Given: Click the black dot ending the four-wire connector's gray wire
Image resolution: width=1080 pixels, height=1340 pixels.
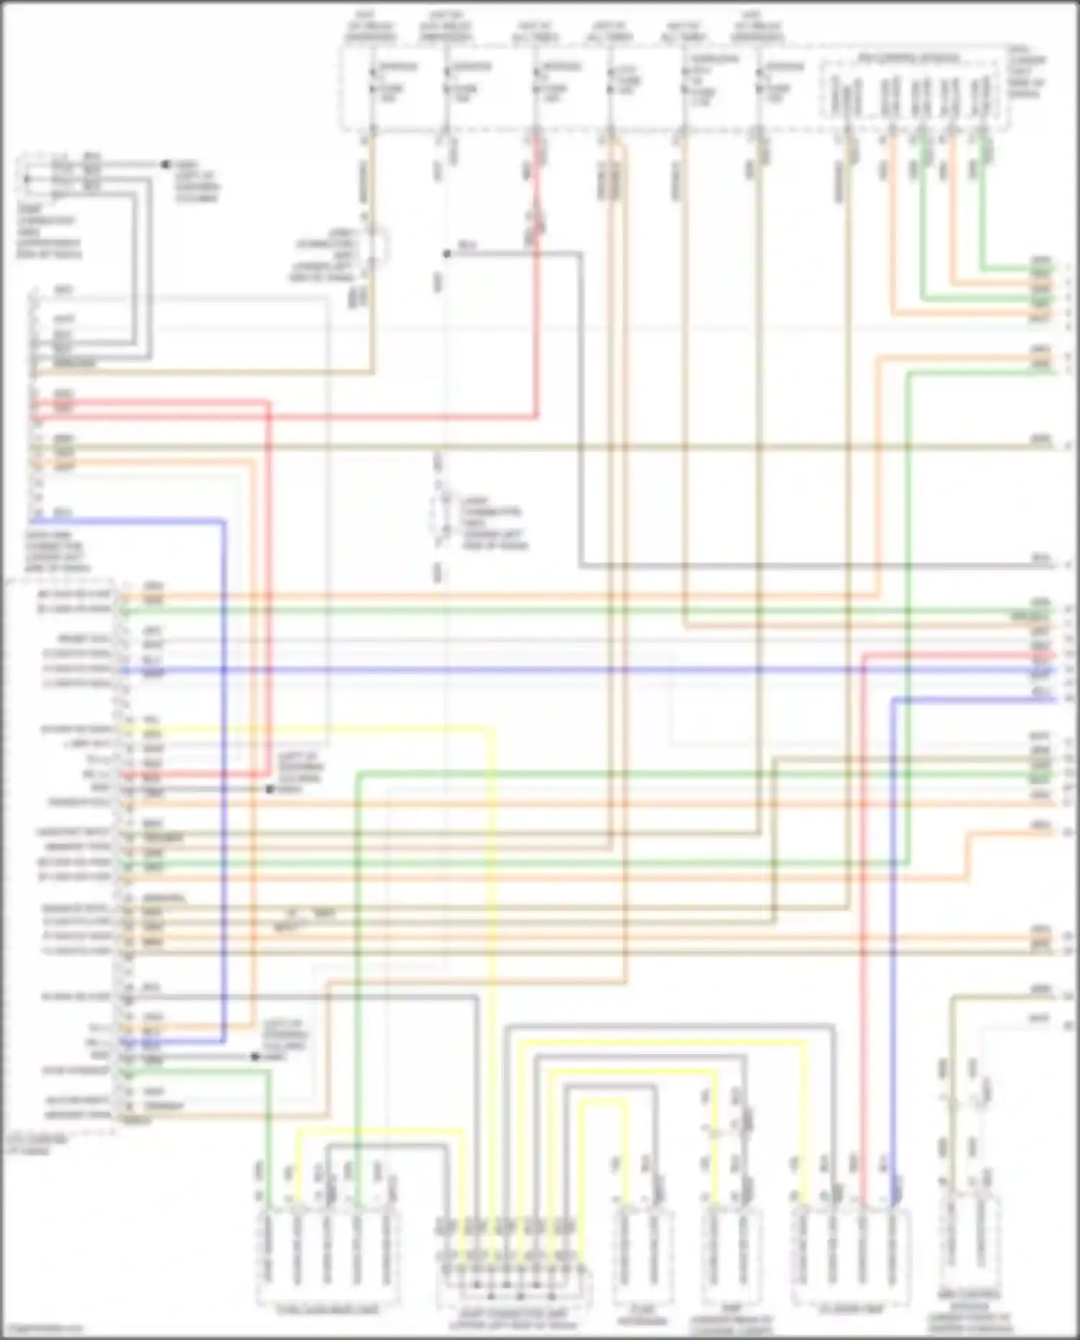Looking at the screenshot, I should [165, 165].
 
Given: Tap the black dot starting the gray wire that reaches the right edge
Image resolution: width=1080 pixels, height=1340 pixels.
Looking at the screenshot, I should [446, 253].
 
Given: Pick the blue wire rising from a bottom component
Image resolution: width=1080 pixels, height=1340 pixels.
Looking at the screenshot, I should [893, 936].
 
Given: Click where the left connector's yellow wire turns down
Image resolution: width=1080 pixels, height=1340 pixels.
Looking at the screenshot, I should [493, 730].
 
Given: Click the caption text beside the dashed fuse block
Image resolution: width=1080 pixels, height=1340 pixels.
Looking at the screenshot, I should [1027, 72].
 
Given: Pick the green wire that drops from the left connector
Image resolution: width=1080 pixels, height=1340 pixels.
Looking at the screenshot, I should [268, 1138].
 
